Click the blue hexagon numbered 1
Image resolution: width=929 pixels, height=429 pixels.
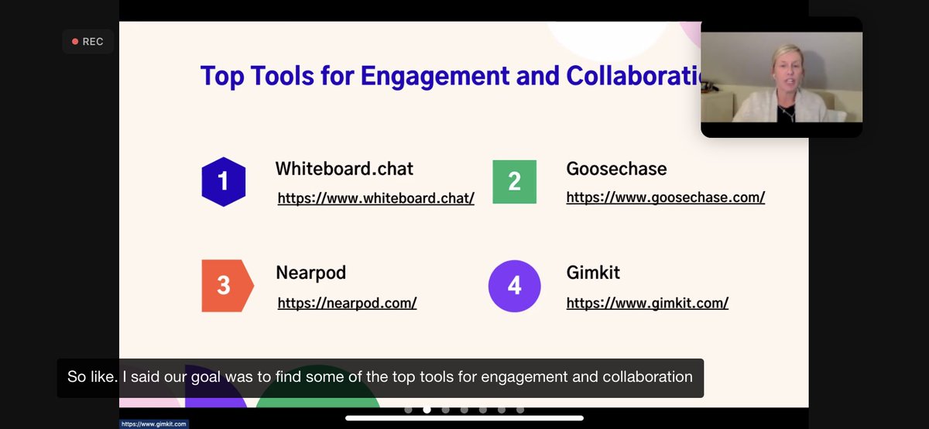223,181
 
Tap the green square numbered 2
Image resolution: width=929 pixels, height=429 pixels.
514,181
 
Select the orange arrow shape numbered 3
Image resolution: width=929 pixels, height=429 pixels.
225,286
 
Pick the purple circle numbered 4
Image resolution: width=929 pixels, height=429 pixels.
514,286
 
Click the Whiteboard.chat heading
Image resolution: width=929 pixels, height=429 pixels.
345,168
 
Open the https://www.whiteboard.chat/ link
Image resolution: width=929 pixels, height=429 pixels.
375,198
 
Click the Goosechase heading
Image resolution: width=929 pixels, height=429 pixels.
616,168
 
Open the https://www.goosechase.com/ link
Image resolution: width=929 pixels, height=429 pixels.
665,197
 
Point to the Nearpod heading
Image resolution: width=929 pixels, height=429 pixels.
310,273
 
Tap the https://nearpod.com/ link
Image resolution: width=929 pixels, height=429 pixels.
347,303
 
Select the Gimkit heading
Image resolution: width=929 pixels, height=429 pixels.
593,273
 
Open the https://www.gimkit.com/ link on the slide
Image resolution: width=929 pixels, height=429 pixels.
647,303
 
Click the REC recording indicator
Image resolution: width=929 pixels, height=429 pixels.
87,42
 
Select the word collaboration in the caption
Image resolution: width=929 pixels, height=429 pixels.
650,377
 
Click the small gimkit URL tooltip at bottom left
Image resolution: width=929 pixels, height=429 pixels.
153,424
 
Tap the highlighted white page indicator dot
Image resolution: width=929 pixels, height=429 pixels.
427,410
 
